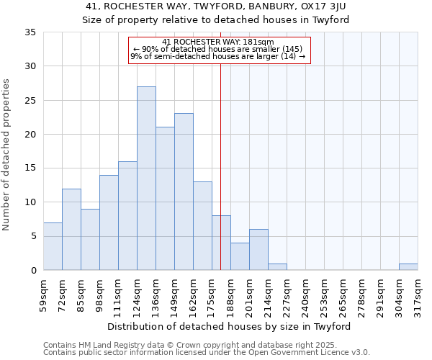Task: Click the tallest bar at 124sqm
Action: [146, 179]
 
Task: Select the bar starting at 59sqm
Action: [53, 246]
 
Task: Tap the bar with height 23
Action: [184, 192]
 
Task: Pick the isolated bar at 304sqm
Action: [408, 266]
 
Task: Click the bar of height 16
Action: [127, 215]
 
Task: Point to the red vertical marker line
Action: [220, 166]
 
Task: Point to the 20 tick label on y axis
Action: [30, 135]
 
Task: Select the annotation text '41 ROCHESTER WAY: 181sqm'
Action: [218, 42]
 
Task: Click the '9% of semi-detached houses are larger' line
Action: [218, 57]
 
